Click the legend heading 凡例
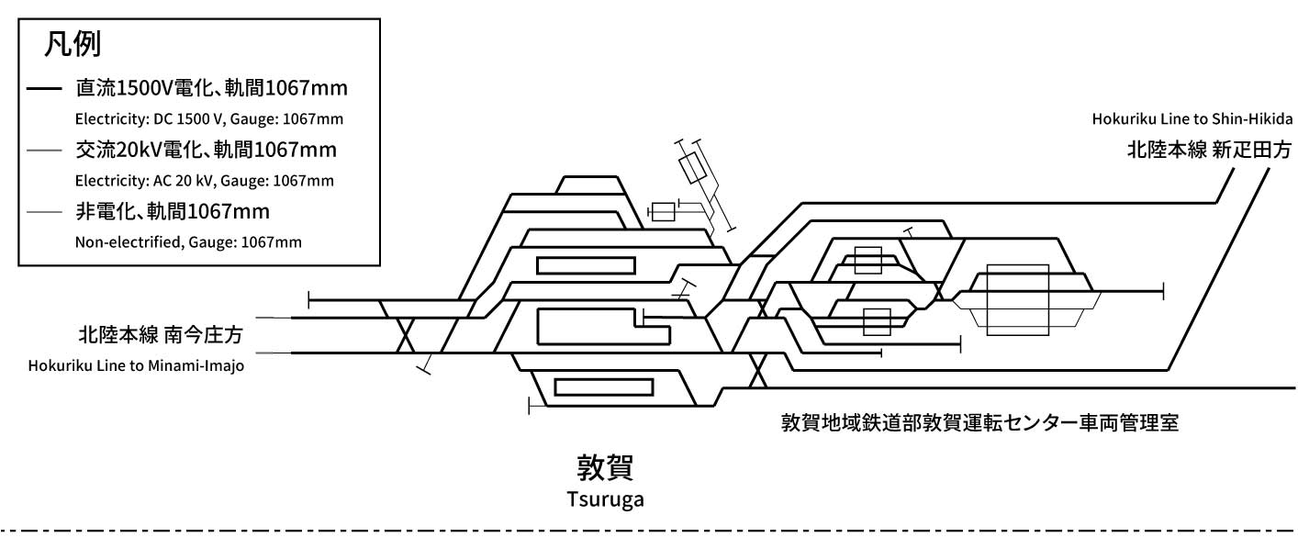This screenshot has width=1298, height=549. coord(72,44)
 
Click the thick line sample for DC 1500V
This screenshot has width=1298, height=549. coord(44,90)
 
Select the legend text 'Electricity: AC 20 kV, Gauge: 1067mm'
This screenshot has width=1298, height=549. coord(204,181)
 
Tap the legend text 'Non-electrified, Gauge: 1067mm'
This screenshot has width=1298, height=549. coord(188,242)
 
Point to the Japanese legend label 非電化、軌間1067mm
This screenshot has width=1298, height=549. coord(173,213)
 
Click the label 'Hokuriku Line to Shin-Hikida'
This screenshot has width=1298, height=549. coord(1193,119)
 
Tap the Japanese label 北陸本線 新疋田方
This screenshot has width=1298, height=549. coord(1209,151)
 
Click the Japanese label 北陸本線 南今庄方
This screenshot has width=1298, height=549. coord(164,331)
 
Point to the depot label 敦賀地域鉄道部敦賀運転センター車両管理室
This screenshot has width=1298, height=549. coord(979,423)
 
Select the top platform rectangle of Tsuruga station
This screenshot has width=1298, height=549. coord(586,265)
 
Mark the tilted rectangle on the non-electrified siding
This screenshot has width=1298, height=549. coord(692,167)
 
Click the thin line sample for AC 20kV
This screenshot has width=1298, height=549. coord(44,151)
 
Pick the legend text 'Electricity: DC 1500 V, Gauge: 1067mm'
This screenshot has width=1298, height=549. coord(209,119)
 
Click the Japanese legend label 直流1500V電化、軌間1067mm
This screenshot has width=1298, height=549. coord(212,89)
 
